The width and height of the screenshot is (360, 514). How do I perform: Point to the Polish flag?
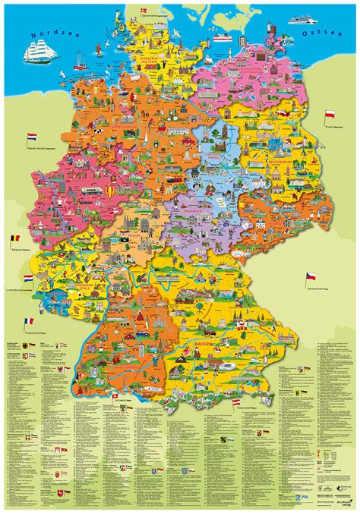[330, 115]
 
